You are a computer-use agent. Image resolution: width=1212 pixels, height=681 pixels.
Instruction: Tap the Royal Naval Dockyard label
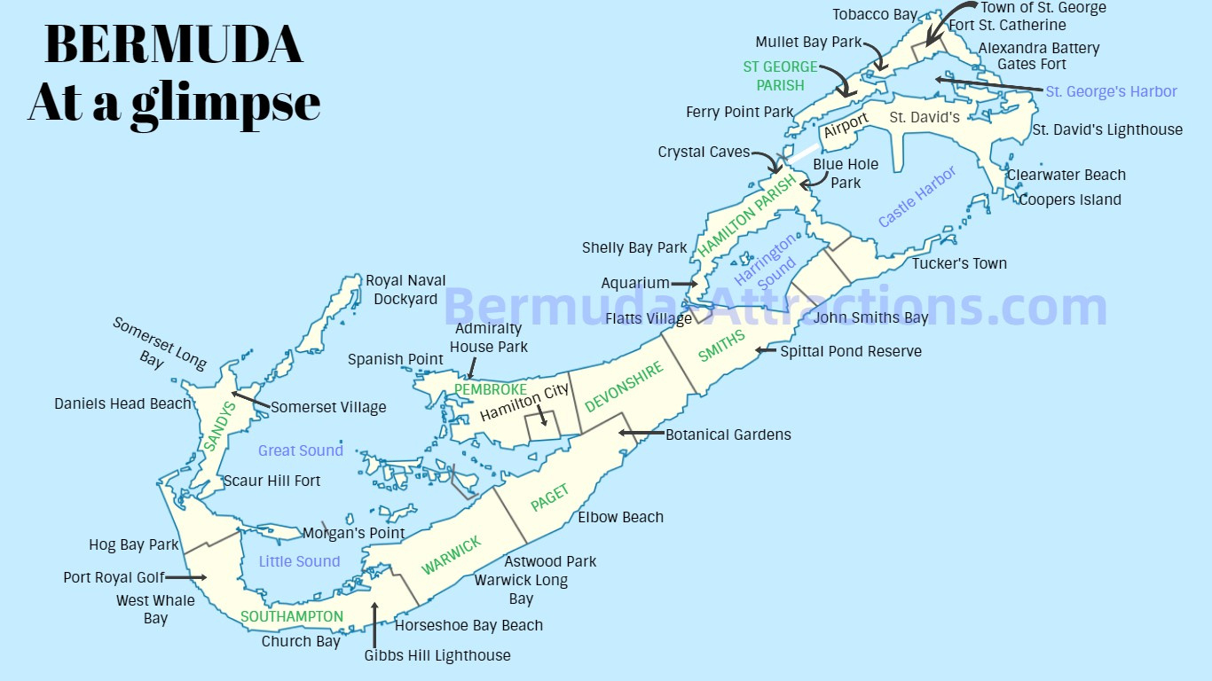(405, 290)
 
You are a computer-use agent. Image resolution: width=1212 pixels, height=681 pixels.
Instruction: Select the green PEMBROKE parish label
(490, 389)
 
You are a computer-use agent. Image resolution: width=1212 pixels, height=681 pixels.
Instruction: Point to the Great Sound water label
(300, 450)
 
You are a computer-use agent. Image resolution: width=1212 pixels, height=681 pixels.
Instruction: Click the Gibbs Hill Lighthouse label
(437, 655)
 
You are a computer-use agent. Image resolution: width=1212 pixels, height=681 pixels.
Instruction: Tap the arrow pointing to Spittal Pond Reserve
(764, 351)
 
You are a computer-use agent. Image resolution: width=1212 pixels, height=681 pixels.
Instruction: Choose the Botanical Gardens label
(728, 434)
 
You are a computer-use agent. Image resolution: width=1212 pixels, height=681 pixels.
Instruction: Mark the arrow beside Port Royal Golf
(186, 577)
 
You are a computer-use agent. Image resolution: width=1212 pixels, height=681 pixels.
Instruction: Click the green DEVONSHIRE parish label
(624, 387)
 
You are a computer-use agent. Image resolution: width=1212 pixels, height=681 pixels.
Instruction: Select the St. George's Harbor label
(1111, 91)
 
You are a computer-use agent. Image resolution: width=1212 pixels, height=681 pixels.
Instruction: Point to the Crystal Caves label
(704, 153)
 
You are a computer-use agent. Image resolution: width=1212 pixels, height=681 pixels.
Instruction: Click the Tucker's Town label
(959, 263)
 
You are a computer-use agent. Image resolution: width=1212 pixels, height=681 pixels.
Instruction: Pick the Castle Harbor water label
(917, 196)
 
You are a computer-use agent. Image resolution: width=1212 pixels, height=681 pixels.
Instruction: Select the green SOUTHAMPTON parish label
(292, 616)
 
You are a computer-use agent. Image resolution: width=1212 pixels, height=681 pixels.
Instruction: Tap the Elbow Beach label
(620, 517)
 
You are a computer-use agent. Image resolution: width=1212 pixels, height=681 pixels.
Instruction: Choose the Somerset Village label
(328, 407)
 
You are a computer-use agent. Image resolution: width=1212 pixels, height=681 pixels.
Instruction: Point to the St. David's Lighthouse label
(1106, 129)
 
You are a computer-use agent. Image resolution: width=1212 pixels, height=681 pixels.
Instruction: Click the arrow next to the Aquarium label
(684, 284)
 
